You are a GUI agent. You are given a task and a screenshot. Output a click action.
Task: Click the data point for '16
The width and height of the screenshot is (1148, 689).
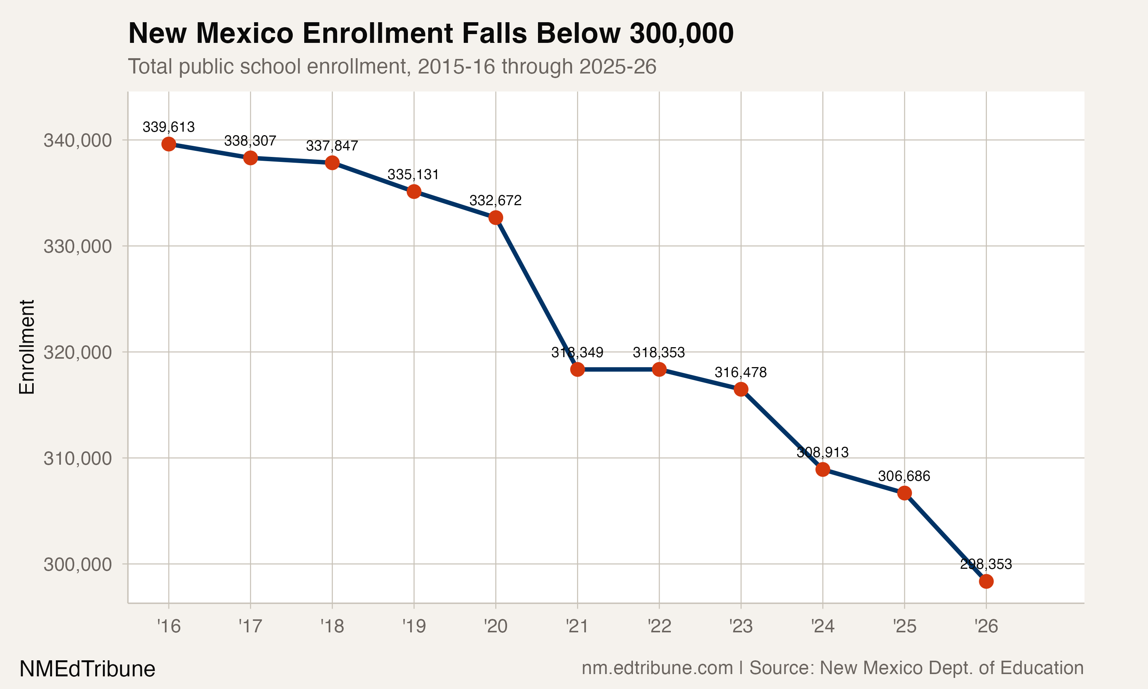click(x=168, y=144)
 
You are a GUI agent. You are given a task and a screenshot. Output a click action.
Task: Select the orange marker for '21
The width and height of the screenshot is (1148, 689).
click(x=577, y=369)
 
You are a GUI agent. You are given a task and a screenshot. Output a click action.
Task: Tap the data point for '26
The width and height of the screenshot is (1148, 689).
click(x=986, y=581)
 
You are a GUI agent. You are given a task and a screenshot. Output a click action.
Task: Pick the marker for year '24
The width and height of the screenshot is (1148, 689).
click(x=823, y=469)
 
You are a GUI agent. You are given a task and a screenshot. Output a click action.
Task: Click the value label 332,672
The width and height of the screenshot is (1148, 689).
click(x=496, y=201)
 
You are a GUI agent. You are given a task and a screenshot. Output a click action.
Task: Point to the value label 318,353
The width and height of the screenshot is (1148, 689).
click(x=659, y=353)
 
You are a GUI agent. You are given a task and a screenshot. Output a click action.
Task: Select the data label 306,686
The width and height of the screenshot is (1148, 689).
click(x=904, y=476)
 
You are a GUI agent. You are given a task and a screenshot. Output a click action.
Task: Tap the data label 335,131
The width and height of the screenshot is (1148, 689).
click(x=413, y=175)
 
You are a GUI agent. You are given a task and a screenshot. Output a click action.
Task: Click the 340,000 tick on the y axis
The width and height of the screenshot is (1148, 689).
click(x=78, y=140)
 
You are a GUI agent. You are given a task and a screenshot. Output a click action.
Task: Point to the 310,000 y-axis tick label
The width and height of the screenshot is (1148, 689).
click(x=78, y=458)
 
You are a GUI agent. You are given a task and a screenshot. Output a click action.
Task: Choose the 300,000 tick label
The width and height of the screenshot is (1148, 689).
click(x=78, y=564)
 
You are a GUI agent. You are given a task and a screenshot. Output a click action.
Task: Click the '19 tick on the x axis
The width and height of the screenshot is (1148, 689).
click(x=413, y=626)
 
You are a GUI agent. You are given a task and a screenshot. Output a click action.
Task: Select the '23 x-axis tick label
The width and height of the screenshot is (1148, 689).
click(x=740, y=626)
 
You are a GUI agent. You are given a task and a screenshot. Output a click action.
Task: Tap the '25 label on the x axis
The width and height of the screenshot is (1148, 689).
click(x=904, y=626)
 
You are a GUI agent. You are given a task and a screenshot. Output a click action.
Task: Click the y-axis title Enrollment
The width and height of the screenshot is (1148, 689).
click(x=27, y=347)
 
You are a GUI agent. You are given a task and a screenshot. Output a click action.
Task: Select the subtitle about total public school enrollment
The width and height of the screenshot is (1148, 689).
click(x=391, y=66)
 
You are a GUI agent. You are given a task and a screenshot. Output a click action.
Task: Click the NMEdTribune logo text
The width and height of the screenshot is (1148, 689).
click(x=87, y=669)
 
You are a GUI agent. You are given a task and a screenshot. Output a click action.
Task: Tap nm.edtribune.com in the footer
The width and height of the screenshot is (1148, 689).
click(x=657, y=668)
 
